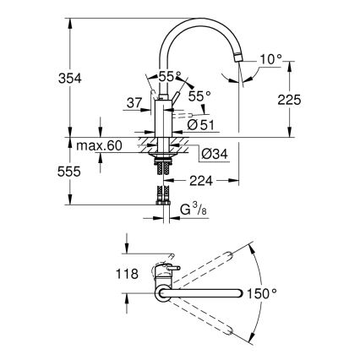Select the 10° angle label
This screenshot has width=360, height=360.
point(269,60)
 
